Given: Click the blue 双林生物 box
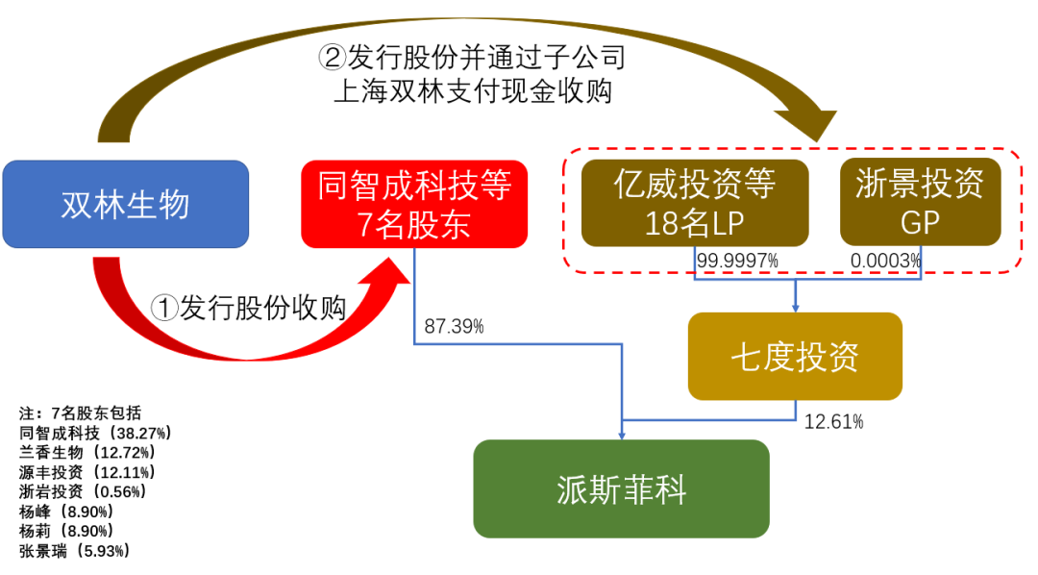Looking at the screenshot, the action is (x=126, y=204).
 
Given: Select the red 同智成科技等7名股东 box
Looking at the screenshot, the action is (x=414, y=204).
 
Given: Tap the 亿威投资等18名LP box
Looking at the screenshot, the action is (x=695, y=203).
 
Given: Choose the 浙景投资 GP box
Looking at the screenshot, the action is (x=920, y=202).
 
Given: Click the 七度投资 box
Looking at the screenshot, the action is (x=795, y=357).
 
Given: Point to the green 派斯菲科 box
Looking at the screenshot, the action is (x=621, y=488).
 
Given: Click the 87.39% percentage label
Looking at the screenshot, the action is (x=454, y=327).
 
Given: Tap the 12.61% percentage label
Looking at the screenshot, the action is (x=833, y=422).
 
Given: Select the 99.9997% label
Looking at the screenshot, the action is (x=737, y=261).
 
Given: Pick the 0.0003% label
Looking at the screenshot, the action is (x=886, y=261).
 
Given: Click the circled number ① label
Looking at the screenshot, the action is (x=164, y=308).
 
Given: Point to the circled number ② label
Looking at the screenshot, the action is (x=333, y=57).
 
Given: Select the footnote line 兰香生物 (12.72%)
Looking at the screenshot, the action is (x=86, y=453).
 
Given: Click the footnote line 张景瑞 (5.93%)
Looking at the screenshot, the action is (x=74, y=551).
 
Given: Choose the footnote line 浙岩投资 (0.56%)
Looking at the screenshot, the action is (x=83, y=491).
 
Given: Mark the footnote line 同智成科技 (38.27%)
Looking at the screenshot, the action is (x=95, y=433).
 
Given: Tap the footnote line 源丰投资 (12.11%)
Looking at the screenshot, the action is (x=86, y=472).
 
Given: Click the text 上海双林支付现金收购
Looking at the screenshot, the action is (x=473, y=90).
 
